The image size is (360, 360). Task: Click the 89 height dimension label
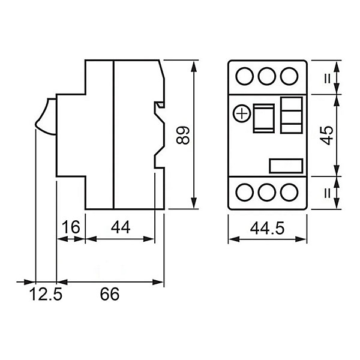[183, 135]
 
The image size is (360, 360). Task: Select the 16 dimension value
[71, 227]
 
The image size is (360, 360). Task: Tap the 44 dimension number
[121, 227]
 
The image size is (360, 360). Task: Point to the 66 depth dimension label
[110, 294]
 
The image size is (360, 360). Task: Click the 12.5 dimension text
[46, 294]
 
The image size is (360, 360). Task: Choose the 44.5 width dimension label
[267, 228]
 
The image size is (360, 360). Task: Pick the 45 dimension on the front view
[327, 136]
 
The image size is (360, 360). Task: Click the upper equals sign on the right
[328, 78]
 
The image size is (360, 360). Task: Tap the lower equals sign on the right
[328, 193]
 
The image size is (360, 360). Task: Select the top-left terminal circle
[245, 76]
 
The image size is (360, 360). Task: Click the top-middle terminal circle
[267, 76]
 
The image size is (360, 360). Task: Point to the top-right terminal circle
[289, 76]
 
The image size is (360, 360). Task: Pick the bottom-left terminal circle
[245, 193]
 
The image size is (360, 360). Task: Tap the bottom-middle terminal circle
[267, 193]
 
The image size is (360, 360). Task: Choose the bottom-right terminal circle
[289, 193]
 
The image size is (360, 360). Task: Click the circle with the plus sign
[242, 113]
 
